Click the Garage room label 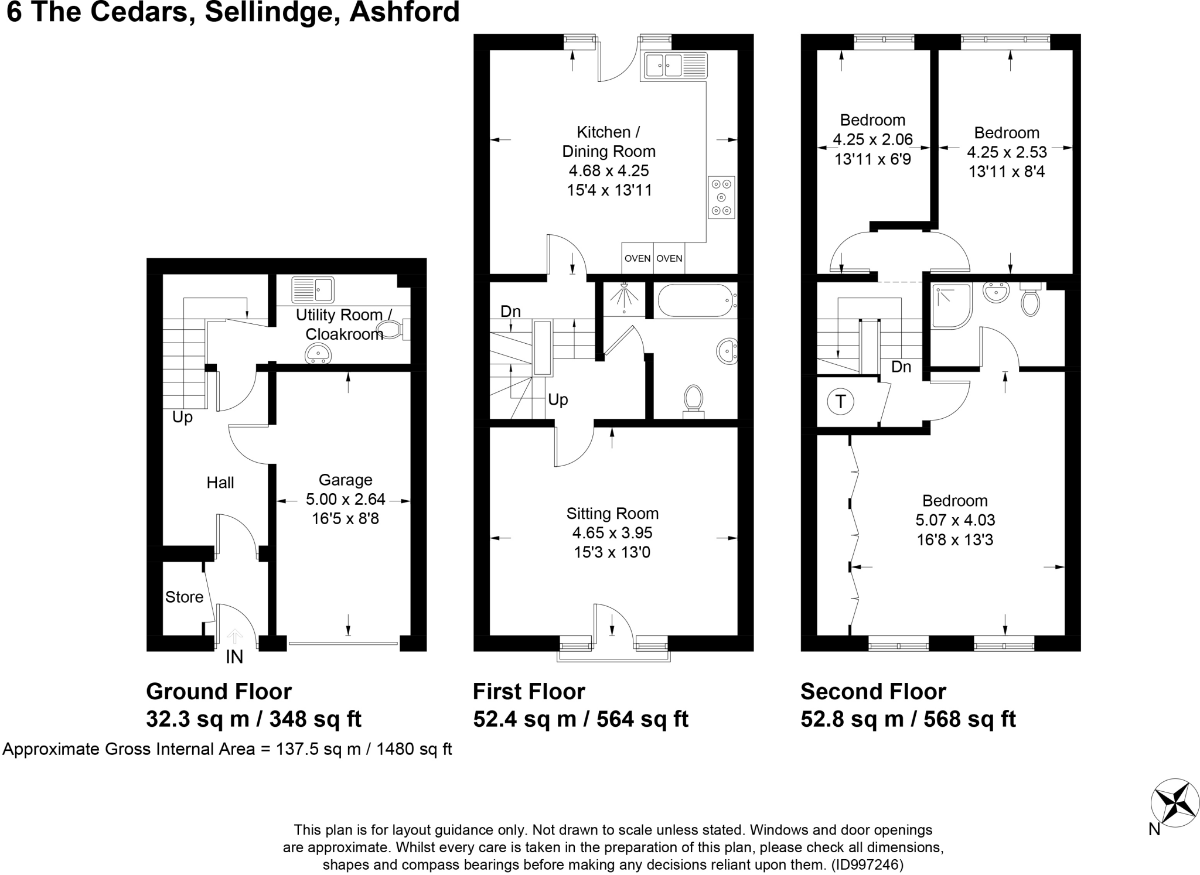[345, 480]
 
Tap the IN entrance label [234, 657]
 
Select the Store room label [184, 597]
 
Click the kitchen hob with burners [721, 197]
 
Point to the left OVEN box [637, 258]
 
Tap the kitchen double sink [676, 65]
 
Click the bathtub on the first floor [696, 300]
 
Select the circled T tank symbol [841, 402]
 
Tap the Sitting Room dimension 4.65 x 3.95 [612, 533]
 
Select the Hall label [220, 483]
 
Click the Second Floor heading [873, 692]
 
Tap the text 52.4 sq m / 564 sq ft [580, 719]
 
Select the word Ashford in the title [404, 12]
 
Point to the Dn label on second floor [901, 367]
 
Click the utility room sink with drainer [313, 289]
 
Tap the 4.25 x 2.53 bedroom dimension [1007, 152]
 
